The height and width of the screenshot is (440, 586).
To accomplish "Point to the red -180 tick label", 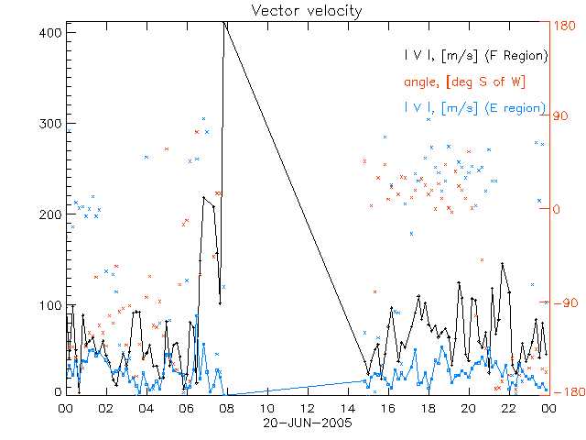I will tap(565, 392).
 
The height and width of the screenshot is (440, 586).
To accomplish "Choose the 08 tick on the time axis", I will tap(226, 408).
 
